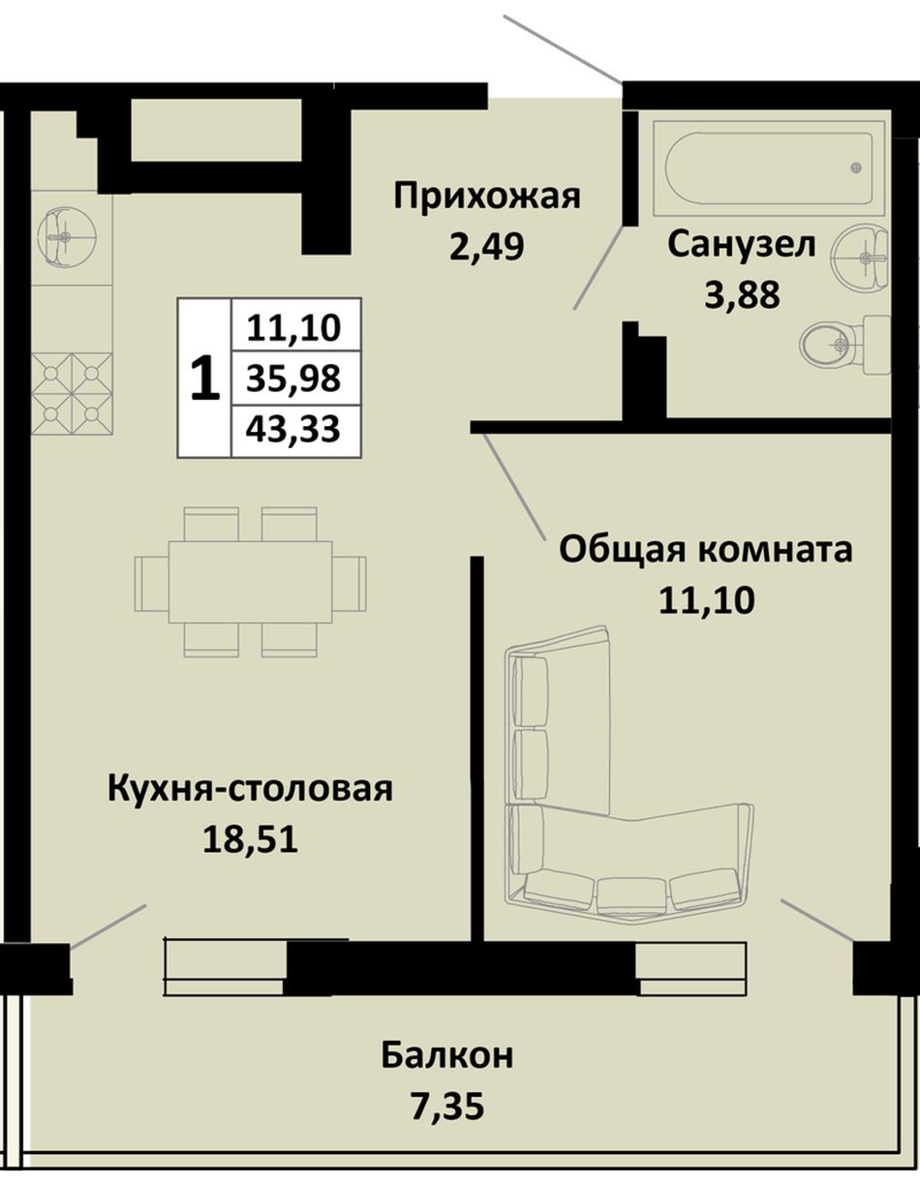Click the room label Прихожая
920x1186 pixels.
click(x=487, y=198)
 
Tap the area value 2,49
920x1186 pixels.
click(x=486, y=246)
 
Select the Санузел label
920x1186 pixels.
click(x=742, y=245)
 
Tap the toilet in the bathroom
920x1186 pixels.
click(x=844, y=345)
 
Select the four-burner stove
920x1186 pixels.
click(x=72, y=393)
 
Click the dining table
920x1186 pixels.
click(x=251, y=582)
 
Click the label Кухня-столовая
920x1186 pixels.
click(x=251, y=790)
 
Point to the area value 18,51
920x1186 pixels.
click(x=251, y=838)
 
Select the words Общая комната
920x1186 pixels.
click(x=706, y=550)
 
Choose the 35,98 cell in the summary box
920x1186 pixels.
click(x=294, y=378)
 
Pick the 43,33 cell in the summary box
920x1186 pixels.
click(x=294, y=430)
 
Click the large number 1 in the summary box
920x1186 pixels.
click(x=205, y=379)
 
